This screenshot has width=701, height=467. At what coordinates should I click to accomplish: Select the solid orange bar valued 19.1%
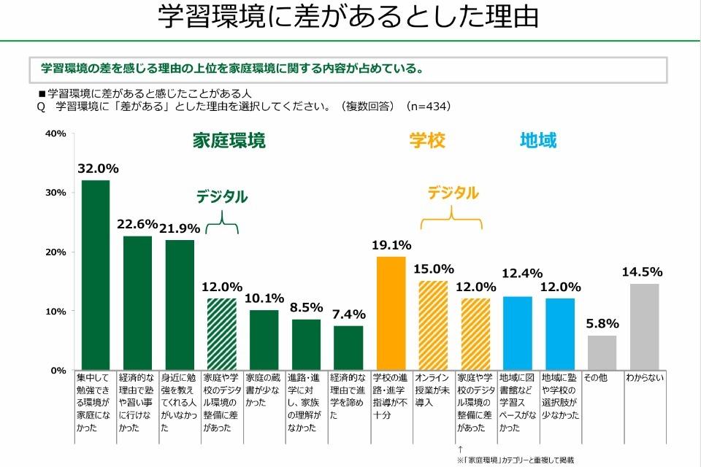[391, 313]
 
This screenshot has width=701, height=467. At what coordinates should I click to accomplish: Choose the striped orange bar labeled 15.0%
[433, 325]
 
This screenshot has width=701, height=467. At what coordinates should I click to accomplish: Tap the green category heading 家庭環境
[229, 141]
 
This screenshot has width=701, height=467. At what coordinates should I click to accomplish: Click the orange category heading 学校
[427, 141]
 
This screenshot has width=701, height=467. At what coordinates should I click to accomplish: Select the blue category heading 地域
[538, 141]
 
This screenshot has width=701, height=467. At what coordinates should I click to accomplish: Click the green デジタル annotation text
[221, 197]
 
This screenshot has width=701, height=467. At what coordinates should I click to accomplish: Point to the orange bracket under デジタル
[453, 217]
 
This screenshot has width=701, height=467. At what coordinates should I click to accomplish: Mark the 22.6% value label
[137, 224]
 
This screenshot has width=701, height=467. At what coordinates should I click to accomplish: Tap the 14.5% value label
[644, 271]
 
